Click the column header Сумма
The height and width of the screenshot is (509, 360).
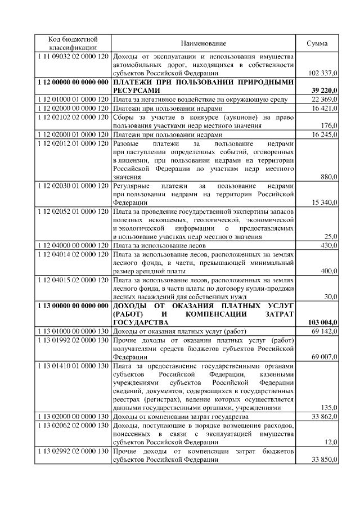pyautogui.click(x=317, y=43)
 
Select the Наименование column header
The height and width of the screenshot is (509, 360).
pyautogui.click(x=203, y=43)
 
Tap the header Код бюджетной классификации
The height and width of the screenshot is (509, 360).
pyautogui.click(x=73, y=43)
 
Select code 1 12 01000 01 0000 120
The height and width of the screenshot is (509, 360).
pyautogui.click(x=73, y=100)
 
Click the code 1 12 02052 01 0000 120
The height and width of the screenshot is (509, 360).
pyautogui.click(x=73, y=211)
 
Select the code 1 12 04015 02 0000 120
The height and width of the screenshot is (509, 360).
pyautogui.click(x=73, y=279)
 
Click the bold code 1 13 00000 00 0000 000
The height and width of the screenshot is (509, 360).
pyautogui.click(x=73, y=305)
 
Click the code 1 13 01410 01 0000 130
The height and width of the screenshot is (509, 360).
pyautogui.click(x=73, y=366)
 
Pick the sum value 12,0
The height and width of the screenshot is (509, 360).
pyautogui.click(x=330, y=443)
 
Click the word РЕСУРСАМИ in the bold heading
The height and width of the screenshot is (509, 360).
pyautogui.click(x=137, y=91)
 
